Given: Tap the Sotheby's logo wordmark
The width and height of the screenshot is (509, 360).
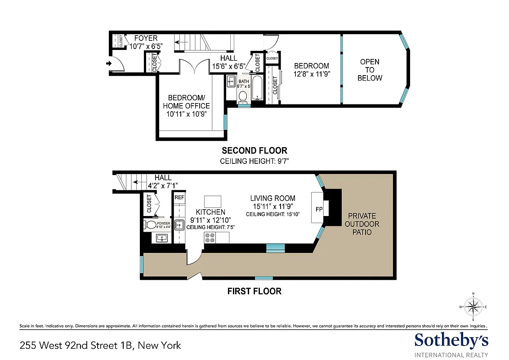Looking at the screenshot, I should [451, 341].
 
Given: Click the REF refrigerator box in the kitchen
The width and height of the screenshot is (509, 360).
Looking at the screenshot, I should [179, 197].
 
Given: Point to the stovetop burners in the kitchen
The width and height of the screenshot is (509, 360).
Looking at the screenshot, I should [210, 238].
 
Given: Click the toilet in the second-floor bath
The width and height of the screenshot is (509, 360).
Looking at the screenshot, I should [243, 96].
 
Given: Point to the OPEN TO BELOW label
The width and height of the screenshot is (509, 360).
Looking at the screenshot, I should [370, 70].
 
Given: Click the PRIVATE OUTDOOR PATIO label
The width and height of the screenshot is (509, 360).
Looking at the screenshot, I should [362, 224].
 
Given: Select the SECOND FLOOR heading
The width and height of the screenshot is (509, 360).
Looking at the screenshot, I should [254, 150].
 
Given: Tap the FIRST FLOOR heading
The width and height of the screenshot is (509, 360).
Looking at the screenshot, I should [254, 291].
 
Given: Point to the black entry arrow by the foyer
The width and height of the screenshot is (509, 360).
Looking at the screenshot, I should [108, 64].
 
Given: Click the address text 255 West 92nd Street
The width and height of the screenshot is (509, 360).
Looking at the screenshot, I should [100, 346].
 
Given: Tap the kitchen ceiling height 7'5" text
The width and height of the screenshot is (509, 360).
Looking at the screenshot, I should [210, 228].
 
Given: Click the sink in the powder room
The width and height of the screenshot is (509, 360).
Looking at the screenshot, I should [162, 238].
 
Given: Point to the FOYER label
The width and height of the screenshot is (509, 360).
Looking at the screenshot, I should [146, 38].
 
